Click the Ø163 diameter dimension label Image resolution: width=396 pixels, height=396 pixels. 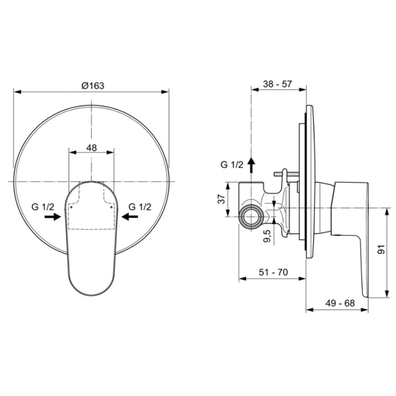pos(93,86)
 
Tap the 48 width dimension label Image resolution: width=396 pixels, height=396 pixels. pos(91,148)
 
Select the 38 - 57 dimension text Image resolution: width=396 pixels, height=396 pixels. pos(277,84)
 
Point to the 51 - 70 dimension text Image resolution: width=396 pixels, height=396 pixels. pos(273,272)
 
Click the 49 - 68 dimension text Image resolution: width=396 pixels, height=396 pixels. pos(340,303)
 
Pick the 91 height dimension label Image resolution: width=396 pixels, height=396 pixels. pos(381,249)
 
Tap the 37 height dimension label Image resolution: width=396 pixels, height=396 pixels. pos(221,199)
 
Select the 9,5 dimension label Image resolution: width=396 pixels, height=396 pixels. pos(267,236)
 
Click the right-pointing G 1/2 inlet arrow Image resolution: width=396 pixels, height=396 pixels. pos(53,217)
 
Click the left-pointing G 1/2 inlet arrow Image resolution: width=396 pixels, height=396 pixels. pos(130,217)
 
